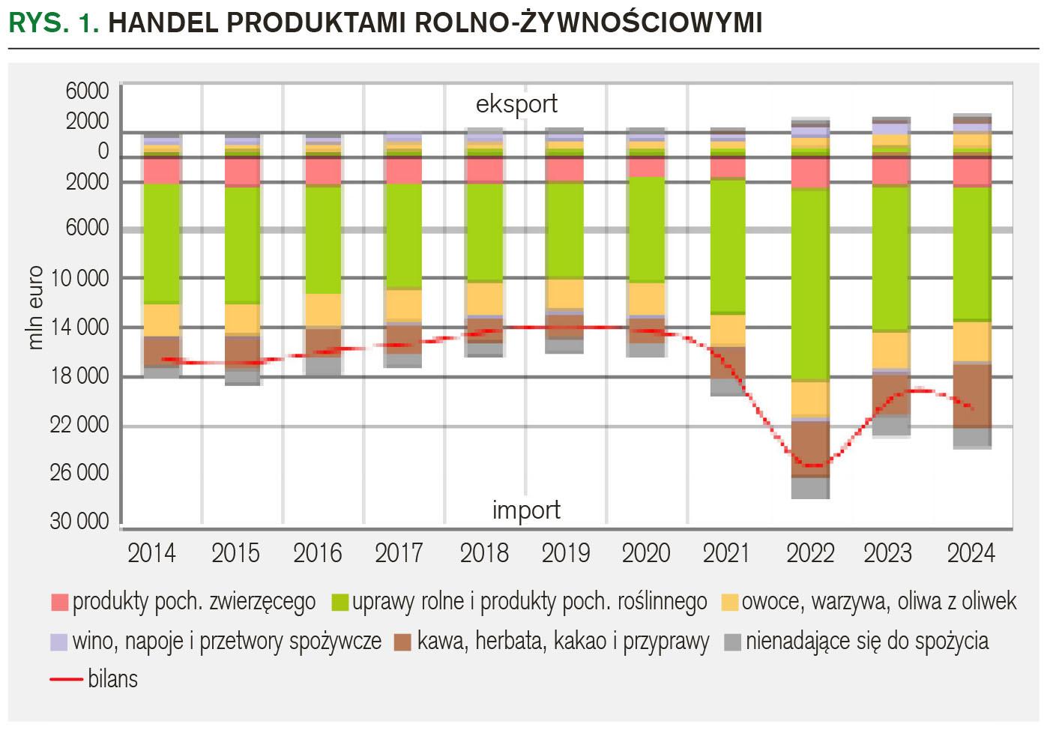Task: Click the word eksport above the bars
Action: tap(516, 104)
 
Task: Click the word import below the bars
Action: tap(526, 510)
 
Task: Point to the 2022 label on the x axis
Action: tap(809, 553)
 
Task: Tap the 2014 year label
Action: tap(151, 553)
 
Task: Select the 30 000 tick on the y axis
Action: tap(79, 522)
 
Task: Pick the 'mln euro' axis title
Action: tap(35, 308)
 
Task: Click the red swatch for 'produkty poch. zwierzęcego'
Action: tap(60, 602)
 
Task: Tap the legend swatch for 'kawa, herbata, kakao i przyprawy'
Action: tap(403, 642)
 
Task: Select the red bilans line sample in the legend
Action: tap(66, 679)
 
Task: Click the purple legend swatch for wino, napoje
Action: tap(60, 642)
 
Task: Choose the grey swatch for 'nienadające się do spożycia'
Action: tap(733, 642)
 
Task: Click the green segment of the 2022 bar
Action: tap(810, 285)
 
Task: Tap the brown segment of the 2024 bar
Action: tap(972, 396)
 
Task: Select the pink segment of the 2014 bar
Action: tap(162, 171)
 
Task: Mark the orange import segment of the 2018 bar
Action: tap(485, 298)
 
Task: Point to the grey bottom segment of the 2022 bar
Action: tap(810, 488)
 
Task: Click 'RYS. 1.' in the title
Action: tap(54, 24)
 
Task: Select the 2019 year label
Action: tap(566, 553)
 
